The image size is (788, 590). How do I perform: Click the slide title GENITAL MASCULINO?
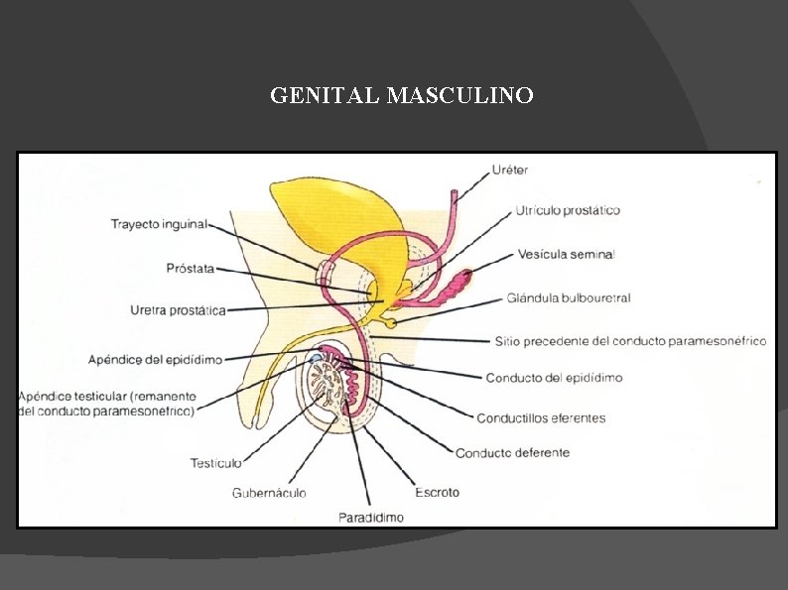point(402,96)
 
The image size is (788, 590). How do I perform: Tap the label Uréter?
point(510,171)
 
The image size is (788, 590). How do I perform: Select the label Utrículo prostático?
point(568,210)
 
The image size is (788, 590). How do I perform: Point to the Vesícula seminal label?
point(566,254)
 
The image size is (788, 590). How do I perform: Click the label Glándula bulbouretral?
point(568,297)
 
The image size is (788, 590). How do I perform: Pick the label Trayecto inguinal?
point(159,224)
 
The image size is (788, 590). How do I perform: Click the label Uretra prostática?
point(178,309)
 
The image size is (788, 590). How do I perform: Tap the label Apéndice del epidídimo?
point(169,358)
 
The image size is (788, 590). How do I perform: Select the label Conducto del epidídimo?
point(554,378)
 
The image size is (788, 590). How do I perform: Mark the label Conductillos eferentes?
point(541,418)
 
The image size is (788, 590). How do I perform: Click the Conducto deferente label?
point(512,453)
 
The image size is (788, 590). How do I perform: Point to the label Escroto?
point(437,492)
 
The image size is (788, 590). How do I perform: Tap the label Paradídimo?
point(370,517)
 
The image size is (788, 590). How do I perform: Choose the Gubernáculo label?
point(269,492)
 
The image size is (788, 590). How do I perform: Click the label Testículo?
point(215,462)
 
